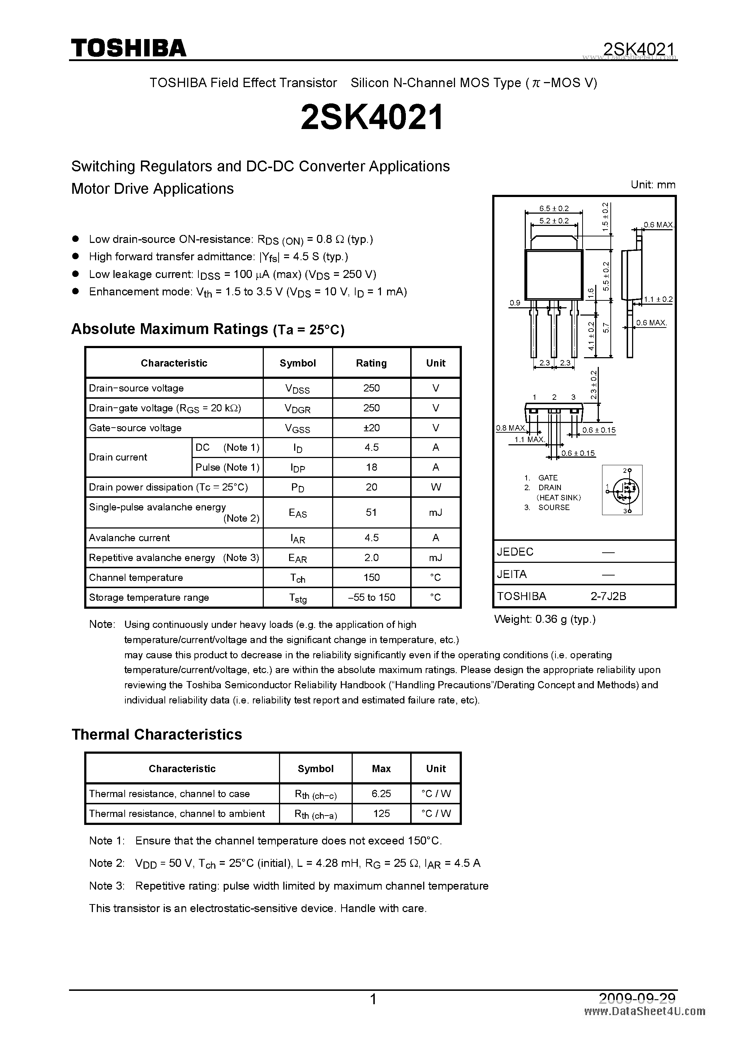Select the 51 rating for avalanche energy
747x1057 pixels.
point(371,512)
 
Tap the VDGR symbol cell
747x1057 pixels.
point(297,408)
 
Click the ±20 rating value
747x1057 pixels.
point(371,428)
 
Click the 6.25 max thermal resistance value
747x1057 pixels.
point(381,793)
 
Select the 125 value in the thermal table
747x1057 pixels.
point(381,813)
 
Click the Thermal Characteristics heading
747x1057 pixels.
point(156,734)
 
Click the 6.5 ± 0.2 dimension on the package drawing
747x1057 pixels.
point(554,209)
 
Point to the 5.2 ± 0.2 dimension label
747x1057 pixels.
point(554,221)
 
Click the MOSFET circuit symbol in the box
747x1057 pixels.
point(622,490)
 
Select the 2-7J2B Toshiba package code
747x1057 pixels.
point(609,596)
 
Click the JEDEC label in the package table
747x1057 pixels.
point(515,552)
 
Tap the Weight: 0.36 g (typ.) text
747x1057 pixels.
point(545,619)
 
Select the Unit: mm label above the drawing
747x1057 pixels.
point(653,185)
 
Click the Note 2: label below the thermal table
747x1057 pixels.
point(106,863)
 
